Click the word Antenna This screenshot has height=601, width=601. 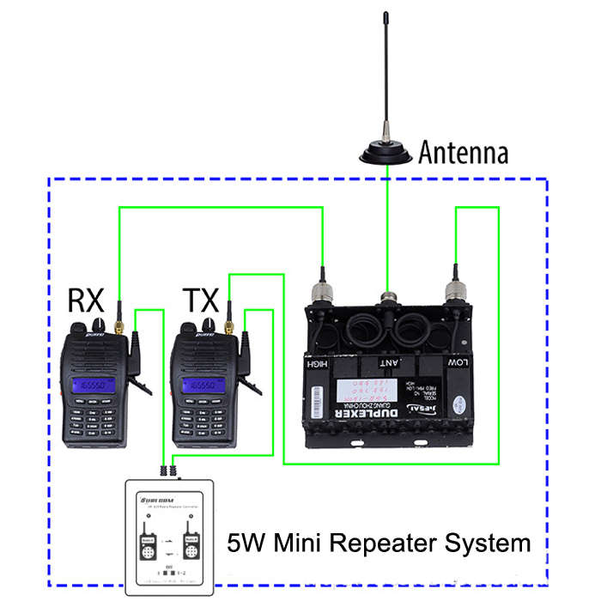point(463,153)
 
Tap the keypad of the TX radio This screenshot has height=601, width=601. point(203,421)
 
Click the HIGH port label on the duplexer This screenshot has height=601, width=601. point(319,363)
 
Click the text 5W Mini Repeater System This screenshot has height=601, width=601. point(379,543)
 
